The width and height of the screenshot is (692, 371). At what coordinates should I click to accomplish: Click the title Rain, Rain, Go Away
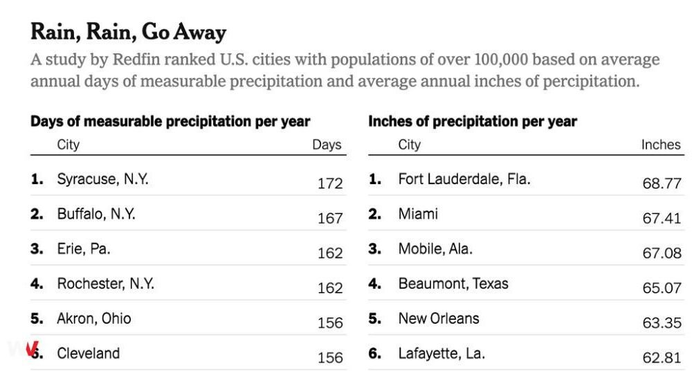coord(129,33)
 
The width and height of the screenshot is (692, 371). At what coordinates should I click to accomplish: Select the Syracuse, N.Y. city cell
coord(103,179)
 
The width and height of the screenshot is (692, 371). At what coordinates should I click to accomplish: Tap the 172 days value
coord(330,183)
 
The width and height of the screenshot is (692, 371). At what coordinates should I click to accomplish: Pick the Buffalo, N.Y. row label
coord(96,214)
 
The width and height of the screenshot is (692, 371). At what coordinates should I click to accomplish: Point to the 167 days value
coord(330,218)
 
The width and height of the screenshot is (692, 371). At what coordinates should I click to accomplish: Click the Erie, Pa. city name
coord(84,248)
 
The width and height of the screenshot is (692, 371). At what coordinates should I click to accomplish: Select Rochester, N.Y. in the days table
coord(106,284)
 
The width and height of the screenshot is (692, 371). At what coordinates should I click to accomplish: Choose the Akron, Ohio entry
coord(94,318)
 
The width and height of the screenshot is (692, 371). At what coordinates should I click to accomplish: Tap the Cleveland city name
coord(89,353)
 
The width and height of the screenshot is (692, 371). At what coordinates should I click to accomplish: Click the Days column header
coord(327,145)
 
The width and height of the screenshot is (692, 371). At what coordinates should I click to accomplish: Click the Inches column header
coord(661,145)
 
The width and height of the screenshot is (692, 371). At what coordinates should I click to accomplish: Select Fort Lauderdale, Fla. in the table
coord(464,179)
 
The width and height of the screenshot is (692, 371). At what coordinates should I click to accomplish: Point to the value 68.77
coord(662,183)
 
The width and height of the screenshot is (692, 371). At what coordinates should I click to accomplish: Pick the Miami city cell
coord(418,214)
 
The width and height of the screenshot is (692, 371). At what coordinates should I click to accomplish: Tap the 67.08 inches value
coord(662,253)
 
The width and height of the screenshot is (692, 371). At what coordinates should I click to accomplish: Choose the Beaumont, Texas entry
coord(453,284)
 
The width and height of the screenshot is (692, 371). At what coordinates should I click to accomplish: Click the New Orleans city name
coord(439,318)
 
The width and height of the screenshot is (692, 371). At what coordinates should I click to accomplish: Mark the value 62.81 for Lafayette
coord(662,357)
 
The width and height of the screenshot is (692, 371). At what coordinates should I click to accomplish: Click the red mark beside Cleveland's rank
coord(33,349)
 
